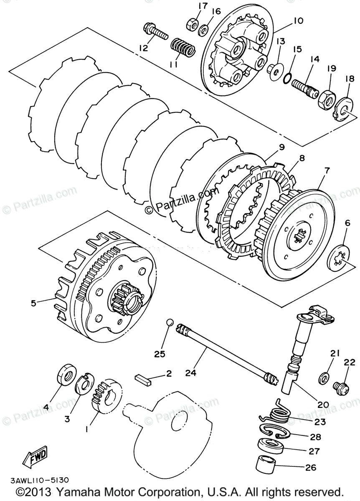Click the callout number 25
click(x=159, y=354)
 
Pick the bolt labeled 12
click(x=155, y=30)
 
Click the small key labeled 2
click(x=143, y=379)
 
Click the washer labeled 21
click(x=324, y=379)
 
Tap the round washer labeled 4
click(x=67, y=373)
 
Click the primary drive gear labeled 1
click(x=106, y=394)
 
